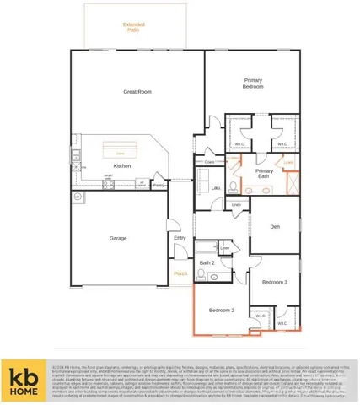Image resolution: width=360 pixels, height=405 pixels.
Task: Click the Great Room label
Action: (136, 91)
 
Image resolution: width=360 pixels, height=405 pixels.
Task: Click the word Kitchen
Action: (122, 165)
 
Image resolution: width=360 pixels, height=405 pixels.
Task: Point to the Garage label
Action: (118, 238)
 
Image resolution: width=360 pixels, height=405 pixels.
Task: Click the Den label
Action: (275, 227)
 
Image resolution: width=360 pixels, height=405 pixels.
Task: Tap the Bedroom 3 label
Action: (275, 281)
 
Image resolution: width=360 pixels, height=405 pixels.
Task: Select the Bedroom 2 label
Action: (222, 310)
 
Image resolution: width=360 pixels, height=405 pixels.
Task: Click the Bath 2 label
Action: (207, 263)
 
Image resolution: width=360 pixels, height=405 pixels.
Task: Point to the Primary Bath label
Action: (263, 173)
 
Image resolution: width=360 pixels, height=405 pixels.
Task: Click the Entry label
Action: (180, 238)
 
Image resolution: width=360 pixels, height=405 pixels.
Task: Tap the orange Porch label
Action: (180, 273)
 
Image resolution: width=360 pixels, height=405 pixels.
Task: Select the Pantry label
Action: (159, 184)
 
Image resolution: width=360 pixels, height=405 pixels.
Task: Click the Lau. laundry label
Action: (216, 187)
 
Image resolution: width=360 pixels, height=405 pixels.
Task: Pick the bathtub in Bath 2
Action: (207, 248)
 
